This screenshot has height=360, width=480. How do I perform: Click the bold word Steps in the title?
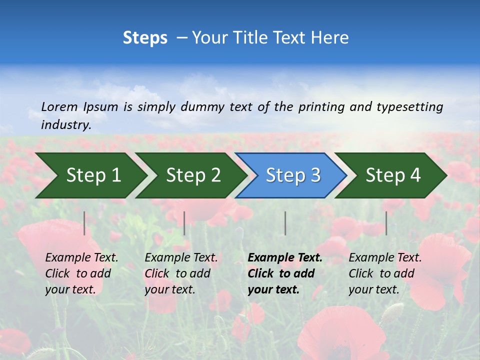(x=145, y=37)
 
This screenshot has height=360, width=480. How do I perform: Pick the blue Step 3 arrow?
(x=293, y=175)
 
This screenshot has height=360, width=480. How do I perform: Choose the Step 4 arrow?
(x=393, y=175)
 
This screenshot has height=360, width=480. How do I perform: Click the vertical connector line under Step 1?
(x=84, y=223)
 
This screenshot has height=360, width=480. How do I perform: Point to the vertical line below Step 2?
(x=184, y=223)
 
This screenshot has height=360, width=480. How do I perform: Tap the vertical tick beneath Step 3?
(x=285, y=223)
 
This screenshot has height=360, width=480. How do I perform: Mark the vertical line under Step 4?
(x=386, y=223)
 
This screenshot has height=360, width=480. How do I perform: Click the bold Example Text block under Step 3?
(x=284, y=273)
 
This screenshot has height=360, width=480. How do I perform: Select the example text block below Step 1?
(x=81, y=273)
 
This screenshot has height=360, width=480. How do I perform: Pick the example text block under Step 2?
(x=181, y=273)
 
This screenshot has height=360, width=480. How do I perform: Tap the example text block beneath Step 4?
(x=385, y=273)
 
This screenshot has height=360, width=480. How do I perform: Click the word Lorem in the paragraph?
(x=59, y=106)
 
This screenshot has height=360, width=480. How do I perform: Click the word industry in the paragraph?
(x=65, y=124)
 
